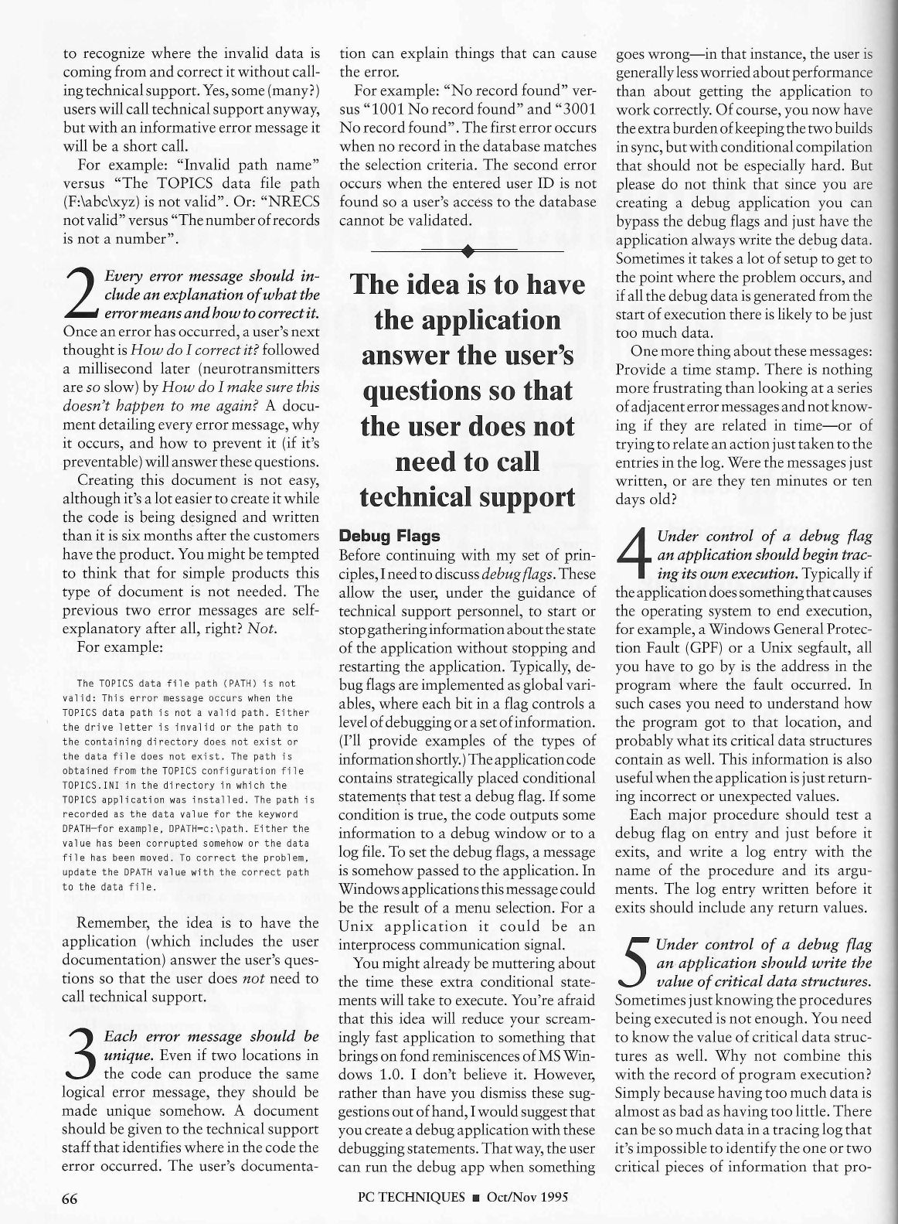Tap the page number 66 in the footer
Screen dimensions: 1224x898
[x=72, y=1198]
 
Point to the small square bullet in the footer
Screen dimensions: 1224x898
[x=476, y=1198]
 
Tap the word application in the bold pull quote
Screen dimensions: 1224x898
[x=468, y=320]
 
